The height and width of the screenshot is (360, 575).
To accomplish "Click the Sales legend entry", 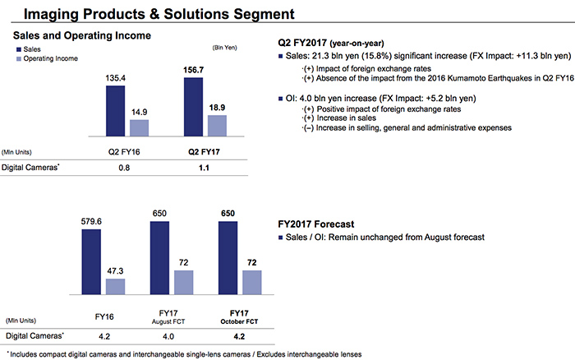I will click(x=30, y=49).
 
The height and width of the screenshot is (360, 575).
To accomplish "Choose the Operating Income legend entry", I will click(x=48, y=59).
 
